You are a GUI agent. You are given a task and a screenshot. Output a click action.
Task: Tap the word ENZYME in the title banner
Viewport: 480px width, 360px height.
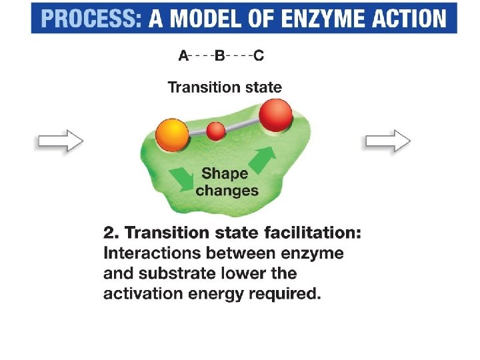329,18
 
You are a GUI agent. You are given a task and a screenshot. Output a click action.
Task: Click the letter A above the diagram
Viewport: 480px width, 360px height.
183,56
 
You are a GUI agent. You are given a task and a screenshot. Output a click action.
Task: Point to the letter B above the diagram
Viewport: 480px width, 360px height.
219,56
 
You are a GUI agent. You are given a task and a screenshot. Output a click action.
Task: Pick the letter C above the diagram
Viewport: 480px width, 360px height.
259,56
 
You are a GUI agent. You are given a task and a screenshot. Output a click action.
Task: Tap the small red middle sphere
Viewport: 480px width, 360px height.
215,131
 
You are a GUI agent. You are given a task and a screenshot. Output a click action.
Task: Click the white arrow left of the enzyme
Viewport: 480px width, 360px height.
60,141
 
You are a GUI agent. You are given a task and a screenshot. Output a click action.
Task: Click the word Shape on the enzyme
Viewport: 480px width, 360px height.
225,173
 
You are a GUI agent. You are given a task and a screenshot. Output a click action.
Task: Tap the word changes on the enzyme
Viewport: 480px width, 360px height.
227,191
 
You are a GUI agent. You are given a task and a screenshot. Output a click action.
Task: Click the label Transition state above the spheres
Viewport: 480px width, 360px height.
225,87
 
